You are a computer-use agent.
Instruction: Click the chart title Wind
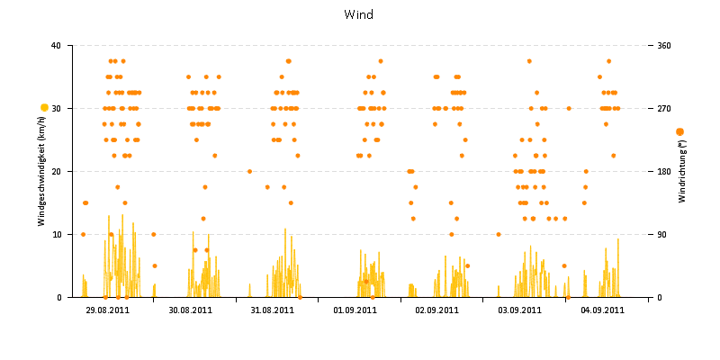359,14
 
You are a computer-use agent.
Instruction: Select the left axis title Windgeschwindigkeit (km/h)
42,171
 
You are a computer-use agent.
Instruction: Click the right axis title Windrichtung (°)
681,171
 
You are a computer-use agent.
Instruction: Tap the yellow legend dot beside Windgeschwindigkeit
44,108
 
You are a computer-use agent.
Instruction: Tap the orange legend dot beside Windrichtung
679,131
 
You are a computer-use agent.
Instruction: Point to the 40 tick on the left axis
56,45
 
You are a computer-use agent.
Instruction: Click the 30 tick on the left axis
56,108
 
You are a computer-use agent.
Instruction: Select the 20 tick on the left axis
56,171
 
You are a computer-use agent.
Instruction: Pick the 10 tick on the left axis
56,234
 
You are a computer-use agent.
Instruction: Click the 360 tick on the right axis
664,45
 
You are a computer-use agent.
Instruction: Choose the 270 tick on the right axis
664,108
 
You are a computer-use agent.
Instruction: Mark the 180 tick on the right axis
664,171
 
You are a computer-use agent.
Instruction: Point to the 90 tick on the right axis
662,234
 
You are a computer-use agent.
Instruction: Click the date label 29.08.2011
108,310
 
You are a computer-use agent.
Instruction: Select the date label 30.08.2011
191,310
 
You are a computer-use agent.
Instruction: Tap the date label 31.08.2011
273,310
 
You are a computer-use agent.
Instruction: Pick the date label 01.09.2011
355,310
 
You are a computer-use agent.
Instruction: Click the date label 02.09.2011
437,310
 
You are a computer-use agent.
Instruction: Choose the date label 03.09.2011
519,310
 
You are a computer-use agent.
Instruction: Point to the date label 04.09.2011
602,310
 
